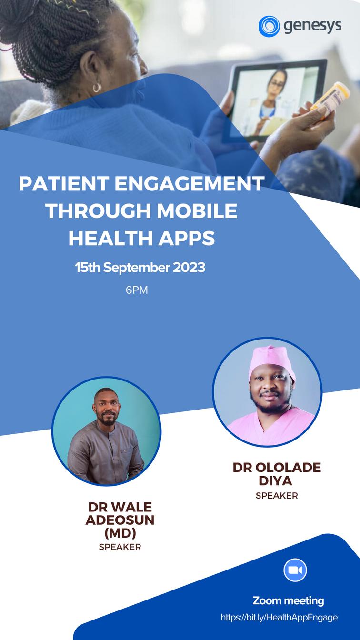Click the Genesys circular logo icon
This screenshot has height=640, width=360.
coord(269,26)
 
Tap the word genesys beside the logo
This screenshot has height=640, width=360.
coord(312,26)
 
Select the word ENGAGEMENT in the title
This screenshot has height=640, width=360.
coord(189,183)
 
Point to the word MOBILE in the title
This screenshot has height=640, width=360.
coord(197,211)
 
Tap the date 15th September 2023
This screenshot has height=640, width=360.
coord(140,268)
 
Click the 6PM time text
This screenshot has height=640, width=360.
coord(137,290)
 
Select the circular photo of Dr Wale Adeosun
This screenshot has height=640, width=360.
coord(106,431)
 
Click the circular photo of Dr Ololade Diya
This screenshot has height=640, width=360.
coord(267,392)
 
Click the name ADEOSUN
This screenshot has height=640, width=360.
coord(120,520)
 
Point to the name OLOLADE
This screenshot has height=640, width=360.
coord(288,468)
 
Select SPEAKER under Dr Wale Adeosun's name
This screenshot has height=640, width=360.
coord(120,547)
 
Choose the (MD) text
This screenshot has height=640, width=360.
coord(120,533)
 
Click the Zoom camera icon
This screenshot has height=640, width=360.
coord(295,570)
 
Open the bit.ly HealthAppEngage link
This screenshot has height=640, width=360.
coord(279,618)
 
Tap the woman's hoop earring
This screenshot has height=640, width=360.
coord(97,88)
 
